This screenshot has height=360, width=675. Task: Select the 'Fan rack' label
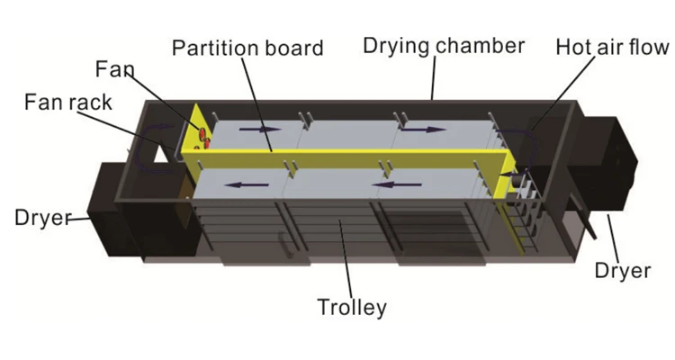coord(68,102)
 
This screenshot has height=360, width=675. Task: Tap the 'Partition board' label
coord(247,48)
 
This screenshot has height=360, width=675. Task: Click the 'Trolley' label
coord(352,307)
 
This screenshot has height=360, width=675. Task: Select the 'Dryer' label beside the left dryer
coord(43,217)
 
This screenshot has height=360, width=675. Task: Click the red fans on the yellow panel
coord(202,137)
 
